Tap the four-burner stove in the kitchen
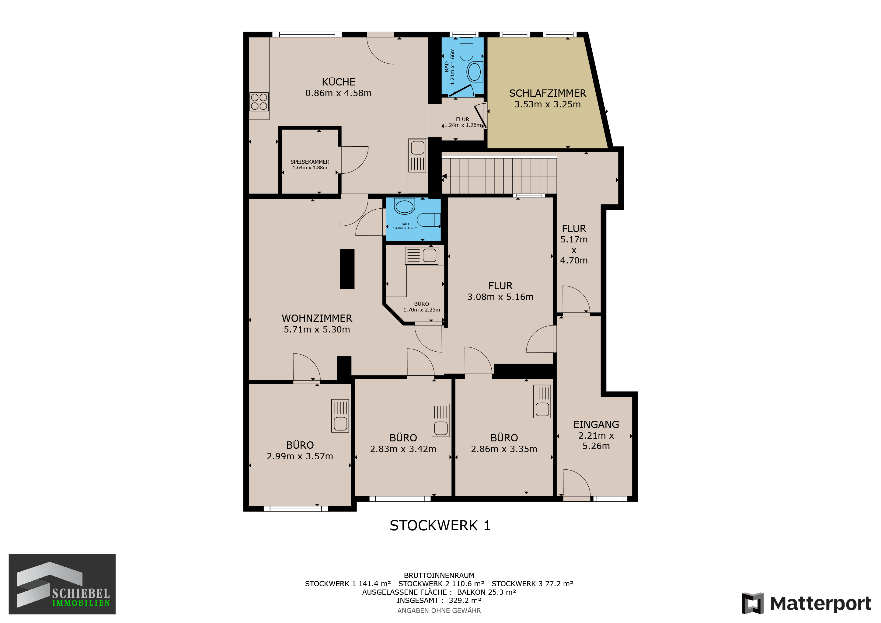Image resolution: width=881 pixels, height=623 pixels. click(259, 102)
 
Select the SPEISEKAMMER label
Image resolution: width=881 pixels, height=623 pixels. click(310, 162)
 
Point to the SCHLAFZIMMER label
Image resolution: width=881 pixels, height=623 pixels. click(548, 93)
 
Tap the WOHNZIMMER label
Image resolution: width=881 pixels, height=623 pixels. click(317, 318)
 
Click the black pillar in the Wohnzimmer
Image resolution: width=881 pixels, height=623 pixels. click(347, 269)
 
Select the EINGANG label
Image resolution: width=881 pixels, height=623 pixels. click(596, 425)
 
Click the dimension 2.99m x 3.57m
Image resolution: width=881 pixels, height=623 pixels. click(300, 456)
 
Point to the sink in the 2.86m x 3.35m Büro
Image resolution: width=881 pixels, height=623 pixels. click(542, 402)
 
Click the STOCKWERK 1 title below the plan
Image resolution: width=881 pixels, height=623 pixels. click(440, 526)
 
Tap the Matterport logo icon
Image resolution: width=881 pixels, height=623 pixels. click(752, 604)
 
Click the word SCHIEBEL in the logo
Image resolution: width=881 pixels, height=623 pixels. click(81, 593)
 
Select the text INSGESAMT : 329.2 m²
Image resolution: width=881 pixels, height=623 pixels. click(439, 600)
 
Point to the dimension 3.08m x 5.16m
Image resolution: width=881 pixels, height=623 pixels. click(500, 297)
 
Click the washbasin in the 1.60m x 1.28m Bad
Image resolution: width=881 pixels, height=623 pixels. click(404, 206)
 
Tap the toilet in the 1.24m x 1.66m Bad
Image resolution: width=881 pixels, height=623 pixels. click(467, 49)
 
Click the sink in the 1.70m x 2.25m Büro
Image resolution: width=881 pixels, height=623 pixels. click(421, 256)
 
